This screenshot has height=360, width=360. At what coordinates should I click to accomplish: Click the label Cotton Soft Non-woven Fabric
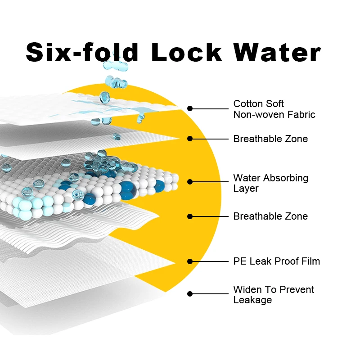tap(274, 109)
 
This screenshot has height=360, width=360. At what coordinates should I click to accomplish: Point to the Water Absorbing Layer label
tap(270, 183)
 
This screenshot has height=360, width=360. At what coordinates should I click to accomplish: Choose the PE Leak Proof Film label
tap(276, 261)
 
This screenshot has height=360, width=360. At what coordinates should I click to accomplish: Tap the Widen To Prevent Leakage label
tap(274, 295)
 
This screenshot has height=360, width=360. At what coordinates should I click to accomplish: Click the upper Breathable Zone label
tap(270, 139)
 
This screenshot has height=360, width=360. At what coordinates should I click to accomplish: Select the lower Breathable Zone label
tap(270, 216)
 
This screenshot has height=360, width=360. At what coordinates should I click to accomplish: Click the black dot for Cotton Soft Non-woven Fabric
tap(190, 108)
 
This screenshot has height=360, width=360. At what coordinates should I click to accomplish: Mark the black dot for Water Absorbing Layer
tap(190, 182)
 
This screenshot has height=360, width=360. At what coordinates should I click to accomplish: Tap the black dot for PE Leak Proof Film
tap(190, 261)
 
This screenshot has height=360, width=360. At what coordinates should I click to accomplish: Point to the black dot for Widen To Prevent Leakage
tap(190, 294)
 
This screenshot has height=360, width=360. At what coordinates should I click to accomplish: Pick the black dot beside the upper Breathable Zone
tap(190, 139)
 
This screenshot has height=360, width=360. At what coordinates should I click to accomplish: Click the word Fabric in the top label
tap(301, 115)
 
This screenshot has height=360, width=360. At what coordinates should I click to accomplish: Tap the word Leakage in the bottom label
tap(252, 300)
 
